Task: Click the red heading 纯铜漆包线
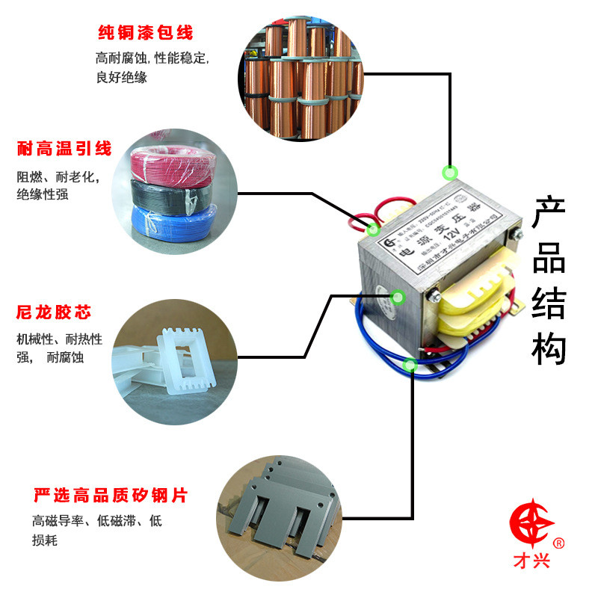tap(146, 33)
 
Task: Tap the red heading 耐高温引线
tap(64, 149)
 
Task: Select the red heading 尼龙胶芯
tap(54, 312)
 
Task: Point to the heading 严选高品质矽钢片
tap(110, 496)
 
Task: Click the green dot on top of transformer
tap(449, 173)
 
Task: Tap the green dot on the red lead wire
tap(373, 229)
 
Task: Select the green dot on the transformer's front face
tap(398, 298)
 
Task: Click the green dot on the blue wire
tap(410, 365)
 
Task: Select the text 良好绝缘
tap(122, 77)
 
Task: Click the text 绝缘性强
tap(43, 195)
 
